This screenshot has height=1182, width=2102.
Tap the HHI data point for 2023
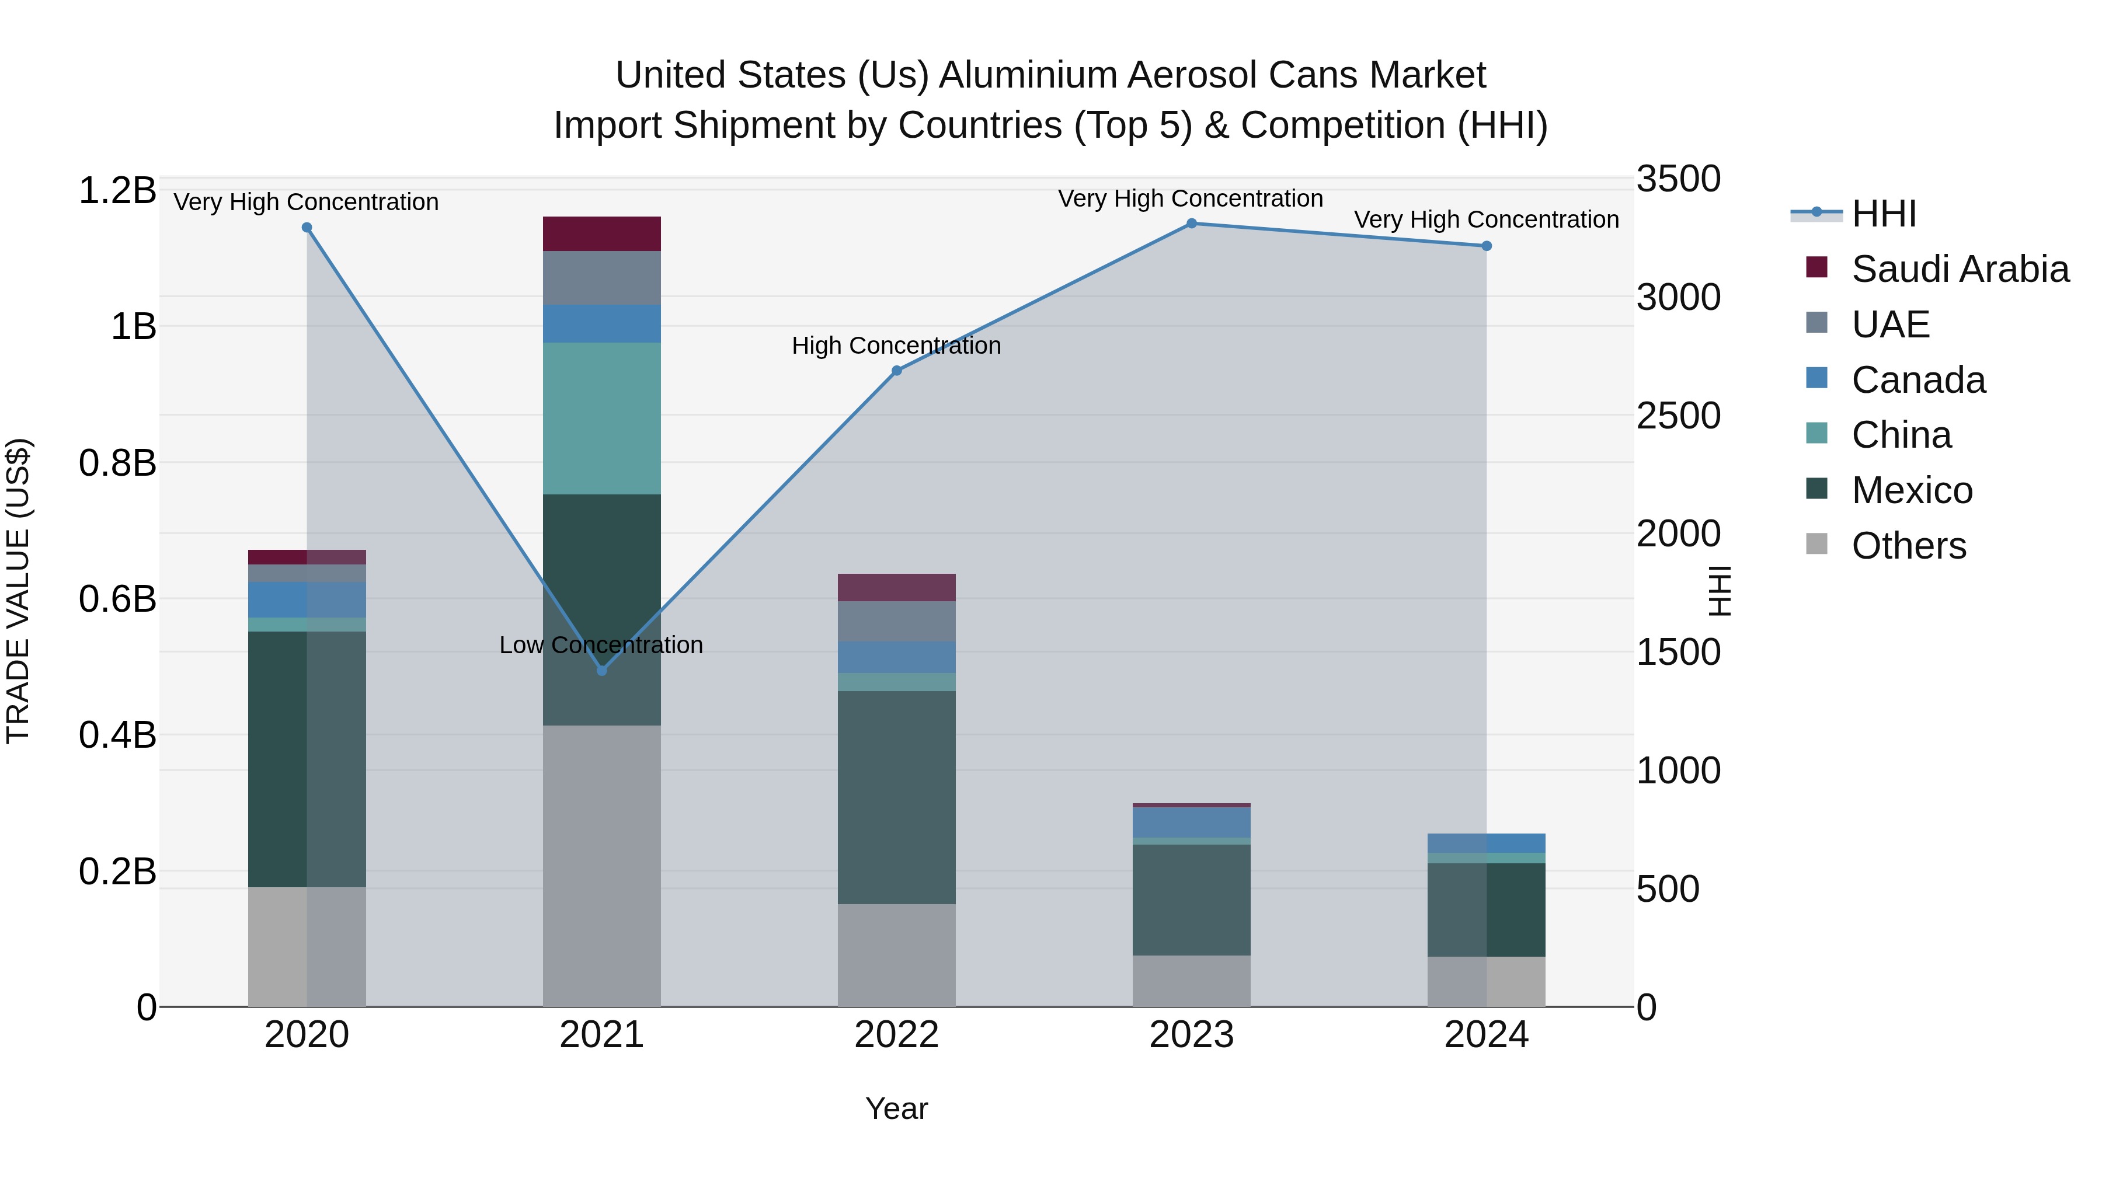point(1191,223)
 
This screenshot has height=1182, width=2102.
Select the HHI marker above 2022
point(896,370)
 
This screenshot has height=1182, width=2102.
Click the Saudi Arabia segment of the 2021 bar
point(601,233)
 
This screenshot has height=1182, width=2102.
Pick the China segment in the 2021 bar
point(601,418)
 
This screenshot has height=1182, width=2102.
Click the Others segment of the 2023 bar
point(1191,981)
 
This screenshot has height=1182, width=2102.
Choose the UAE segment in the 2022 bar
point(896,621)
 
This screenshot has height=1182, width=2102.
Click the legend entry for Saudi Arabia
point(1959,269)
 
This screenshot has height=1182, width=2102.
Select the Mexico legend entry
point(1912,490)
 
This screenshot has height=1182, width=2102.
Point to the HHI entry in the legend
point(1883,214)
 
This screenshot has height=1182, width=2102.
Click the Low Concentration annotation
point(601,644)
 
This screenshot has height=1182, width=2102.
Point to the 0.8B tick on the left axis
point(117,462)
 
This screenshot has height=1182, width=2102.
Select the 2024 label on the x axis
point(1486,1034)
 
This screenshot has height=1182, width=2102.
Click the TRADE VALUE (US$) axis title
point(18,591)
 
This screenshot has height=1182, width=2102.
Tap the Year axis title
point(896,1108)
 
